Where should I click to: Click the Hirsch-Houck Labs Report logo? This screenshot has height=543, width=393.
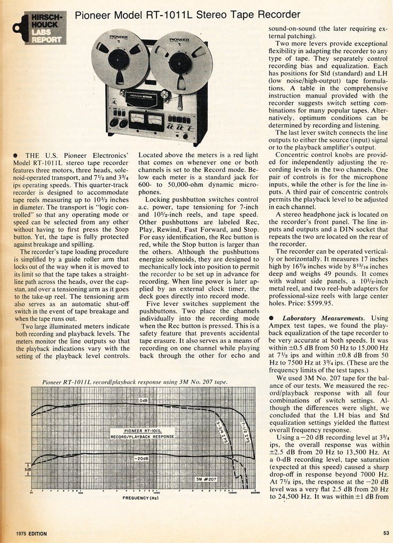click(39, 28)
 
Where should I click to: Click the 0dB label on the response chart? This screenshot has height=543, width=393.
click(144, 400)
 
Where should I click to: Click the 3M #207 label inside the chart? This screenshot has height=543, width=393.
click(207, 479)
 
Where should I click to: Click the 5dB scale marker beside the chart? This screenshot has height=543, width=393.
click(27, 470)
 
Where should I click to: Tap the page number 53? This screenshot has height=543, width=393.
click(386, 533)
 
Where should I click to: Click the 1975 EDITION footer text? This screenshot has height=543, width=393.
click(32, 533)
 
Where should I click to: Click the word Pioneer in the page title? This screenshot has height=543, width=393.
click(92, 15)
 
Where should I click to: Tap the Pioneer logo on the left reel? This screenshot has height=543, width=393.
click(118, 38)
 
